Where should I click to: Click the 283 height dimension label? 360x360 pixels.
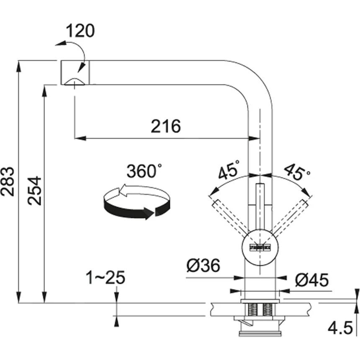point(8,181)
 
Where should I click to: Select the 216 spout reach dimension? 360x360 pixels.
point(166,126)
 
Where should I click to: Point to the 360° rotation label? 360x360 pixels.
point(144,172)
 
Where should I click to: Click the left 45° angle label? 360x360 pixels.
point(229,170)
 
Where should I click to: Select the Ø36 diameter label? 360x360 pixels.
point(203,265)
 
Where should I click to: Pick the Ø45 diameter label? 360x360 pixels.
point(312,280)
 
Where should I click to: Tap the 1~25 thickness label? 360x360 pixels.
point(105,278)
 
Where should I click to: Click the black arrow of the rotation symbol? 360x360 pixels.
point(130,209)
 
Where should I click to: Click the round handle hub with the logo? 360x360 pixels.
point(260,247)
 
